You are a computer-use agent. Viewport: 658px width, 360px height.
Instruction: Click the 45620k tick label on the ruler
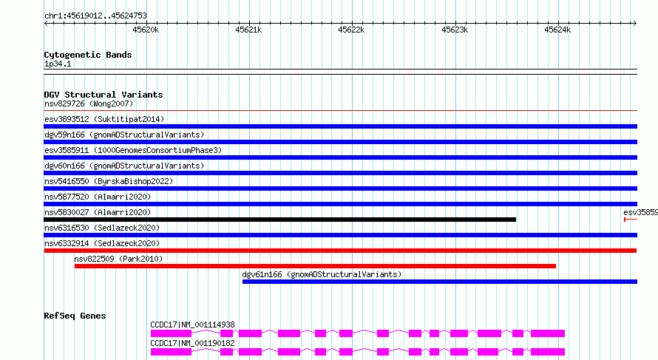(146, 30)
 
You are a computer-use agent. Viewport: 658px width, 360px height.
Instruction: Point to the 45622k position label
(351, 30)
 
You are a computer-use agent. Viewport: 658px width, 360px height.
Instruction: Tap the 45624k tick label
(557, 30)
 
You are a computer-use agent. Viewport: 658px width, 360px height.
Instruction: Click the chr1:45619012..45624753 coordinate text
(95, 16)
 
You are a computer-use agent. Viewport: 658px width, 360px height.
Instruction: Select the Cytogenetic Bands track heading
(88, 55)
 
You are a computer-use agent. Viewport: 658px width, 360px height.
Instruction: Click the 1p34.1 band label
(58, 64)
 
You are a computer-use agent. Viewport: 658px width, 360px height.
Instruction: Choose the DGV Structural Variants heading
(104, 95)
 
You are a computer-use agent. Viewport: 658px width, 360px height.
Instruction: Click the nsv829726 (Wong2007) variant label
(89, 103)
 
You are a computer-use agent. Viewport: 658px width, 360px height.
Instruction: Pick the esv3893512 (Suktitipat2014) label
(104, 119)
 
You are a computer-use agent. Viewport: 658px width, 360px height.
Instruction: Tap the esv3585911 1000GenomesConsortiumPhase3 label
(133, 150)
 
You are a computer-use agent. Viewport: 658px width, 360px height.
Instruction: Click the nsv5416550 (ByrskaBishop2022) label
(109, 181)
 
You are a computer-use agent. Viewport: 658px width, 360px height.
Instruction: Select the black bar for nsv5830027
(280, 220)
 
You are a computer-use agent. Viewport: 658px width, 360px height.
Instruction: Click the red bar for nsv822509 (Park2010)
(315, 266)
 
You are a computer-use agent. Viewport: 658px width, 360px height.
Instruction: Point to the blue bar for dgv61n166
(440, 282)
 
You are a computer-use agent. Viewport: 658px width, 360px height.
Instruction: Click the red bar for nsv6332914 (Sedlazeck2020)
(340, 251)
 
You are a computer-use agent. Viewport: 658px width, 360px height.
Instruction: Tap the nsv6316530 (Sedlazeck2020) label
(102, 228)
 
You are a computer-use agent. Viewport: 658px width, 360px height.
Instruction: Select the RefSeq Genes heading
(75, 316)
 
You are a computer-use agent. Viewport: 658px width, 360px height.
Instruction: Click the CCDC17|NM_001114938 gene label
(193, 325)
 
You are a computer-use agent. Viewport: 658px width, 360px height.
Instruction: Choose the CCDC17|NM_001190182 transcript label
(193, 343)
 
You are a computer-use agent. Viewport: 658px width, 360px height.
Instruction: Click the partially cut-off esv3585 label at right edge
(640, 212)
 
